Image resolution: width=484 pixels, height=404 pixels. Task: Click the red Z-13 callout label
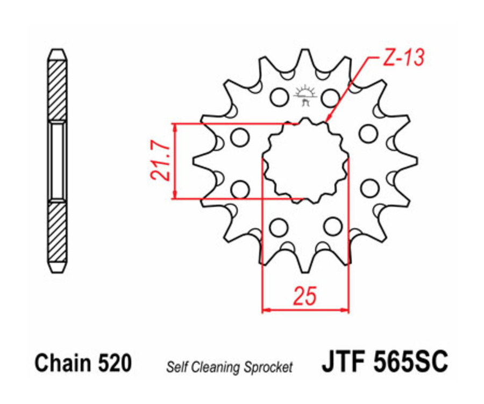(x=404, y=57)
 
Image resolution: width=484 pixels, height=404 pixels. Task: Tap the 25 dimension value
(x=304, y=295)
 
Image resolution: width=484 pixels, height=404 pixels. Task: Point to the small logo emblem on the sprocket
(x=304, y=95)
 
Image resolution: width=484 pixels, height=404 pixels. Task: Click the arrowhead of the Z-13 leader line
(x=326, y=121)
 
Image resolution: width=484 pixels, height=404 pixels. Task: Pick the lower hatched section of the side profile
(x=58, y=232)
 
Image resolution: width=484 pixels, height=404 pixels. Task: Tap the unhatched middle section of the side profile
(x=58, y=161)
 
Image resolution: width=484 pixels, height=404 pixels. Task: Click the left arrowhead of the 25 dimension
(x=265, y=310)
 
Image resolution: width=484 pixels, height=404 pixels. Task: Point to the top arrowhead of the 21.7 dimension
(x=175, y=127)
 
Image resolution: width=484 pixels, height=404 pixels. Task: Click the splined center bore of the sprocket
(x=305, y=160)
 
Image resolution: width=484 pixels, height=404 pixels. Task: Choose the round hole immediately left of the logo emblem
(x=279, y=97)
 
